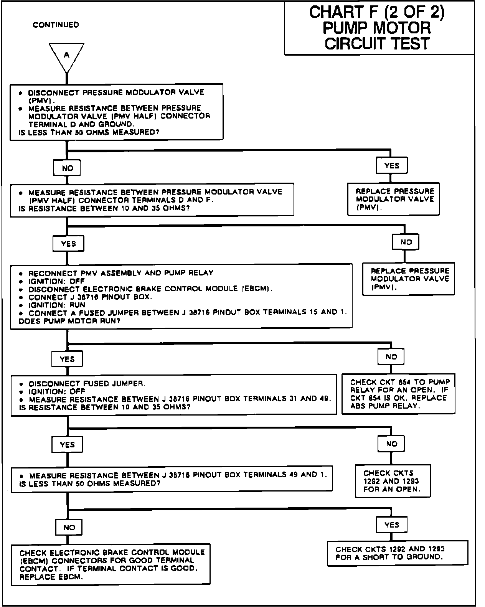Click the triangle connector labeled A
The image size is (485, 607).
point(66,56)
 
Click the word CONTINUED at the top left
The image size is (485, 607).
point(56,25)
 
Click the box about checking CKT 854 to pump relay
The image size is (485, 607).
point(398,394)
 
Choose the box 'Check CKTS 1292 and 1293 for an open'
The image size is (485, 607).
point(392,481)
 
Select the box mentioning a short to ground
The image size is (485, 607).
point(398,553)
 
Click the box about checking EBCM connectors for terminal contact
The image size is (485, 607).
point(111,564)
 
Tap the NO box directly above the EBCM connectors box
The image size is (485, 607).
point(69,527)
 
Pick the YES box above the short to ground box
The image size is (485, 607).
point(392,525)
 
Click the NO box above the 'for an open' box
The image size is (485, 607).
point(391,444)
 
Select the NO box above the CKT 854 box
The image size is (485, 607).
point(391,356)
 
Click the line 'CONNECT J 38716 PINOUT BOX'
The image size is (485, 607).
point(90,297)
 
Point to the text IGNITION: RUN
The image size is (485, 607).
point(57,305)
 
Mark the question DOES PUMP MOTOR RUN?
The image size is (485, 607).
point(69,321)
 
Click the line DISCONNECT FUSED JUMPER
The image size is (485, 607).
point(87,383)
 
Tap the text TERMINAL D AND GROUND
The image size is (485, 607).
point(81,124)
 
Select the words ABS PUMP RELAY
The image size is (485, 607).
point(384,406)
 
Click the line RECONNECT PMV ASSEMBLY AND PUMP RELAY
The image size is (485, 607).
point(122,273)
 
